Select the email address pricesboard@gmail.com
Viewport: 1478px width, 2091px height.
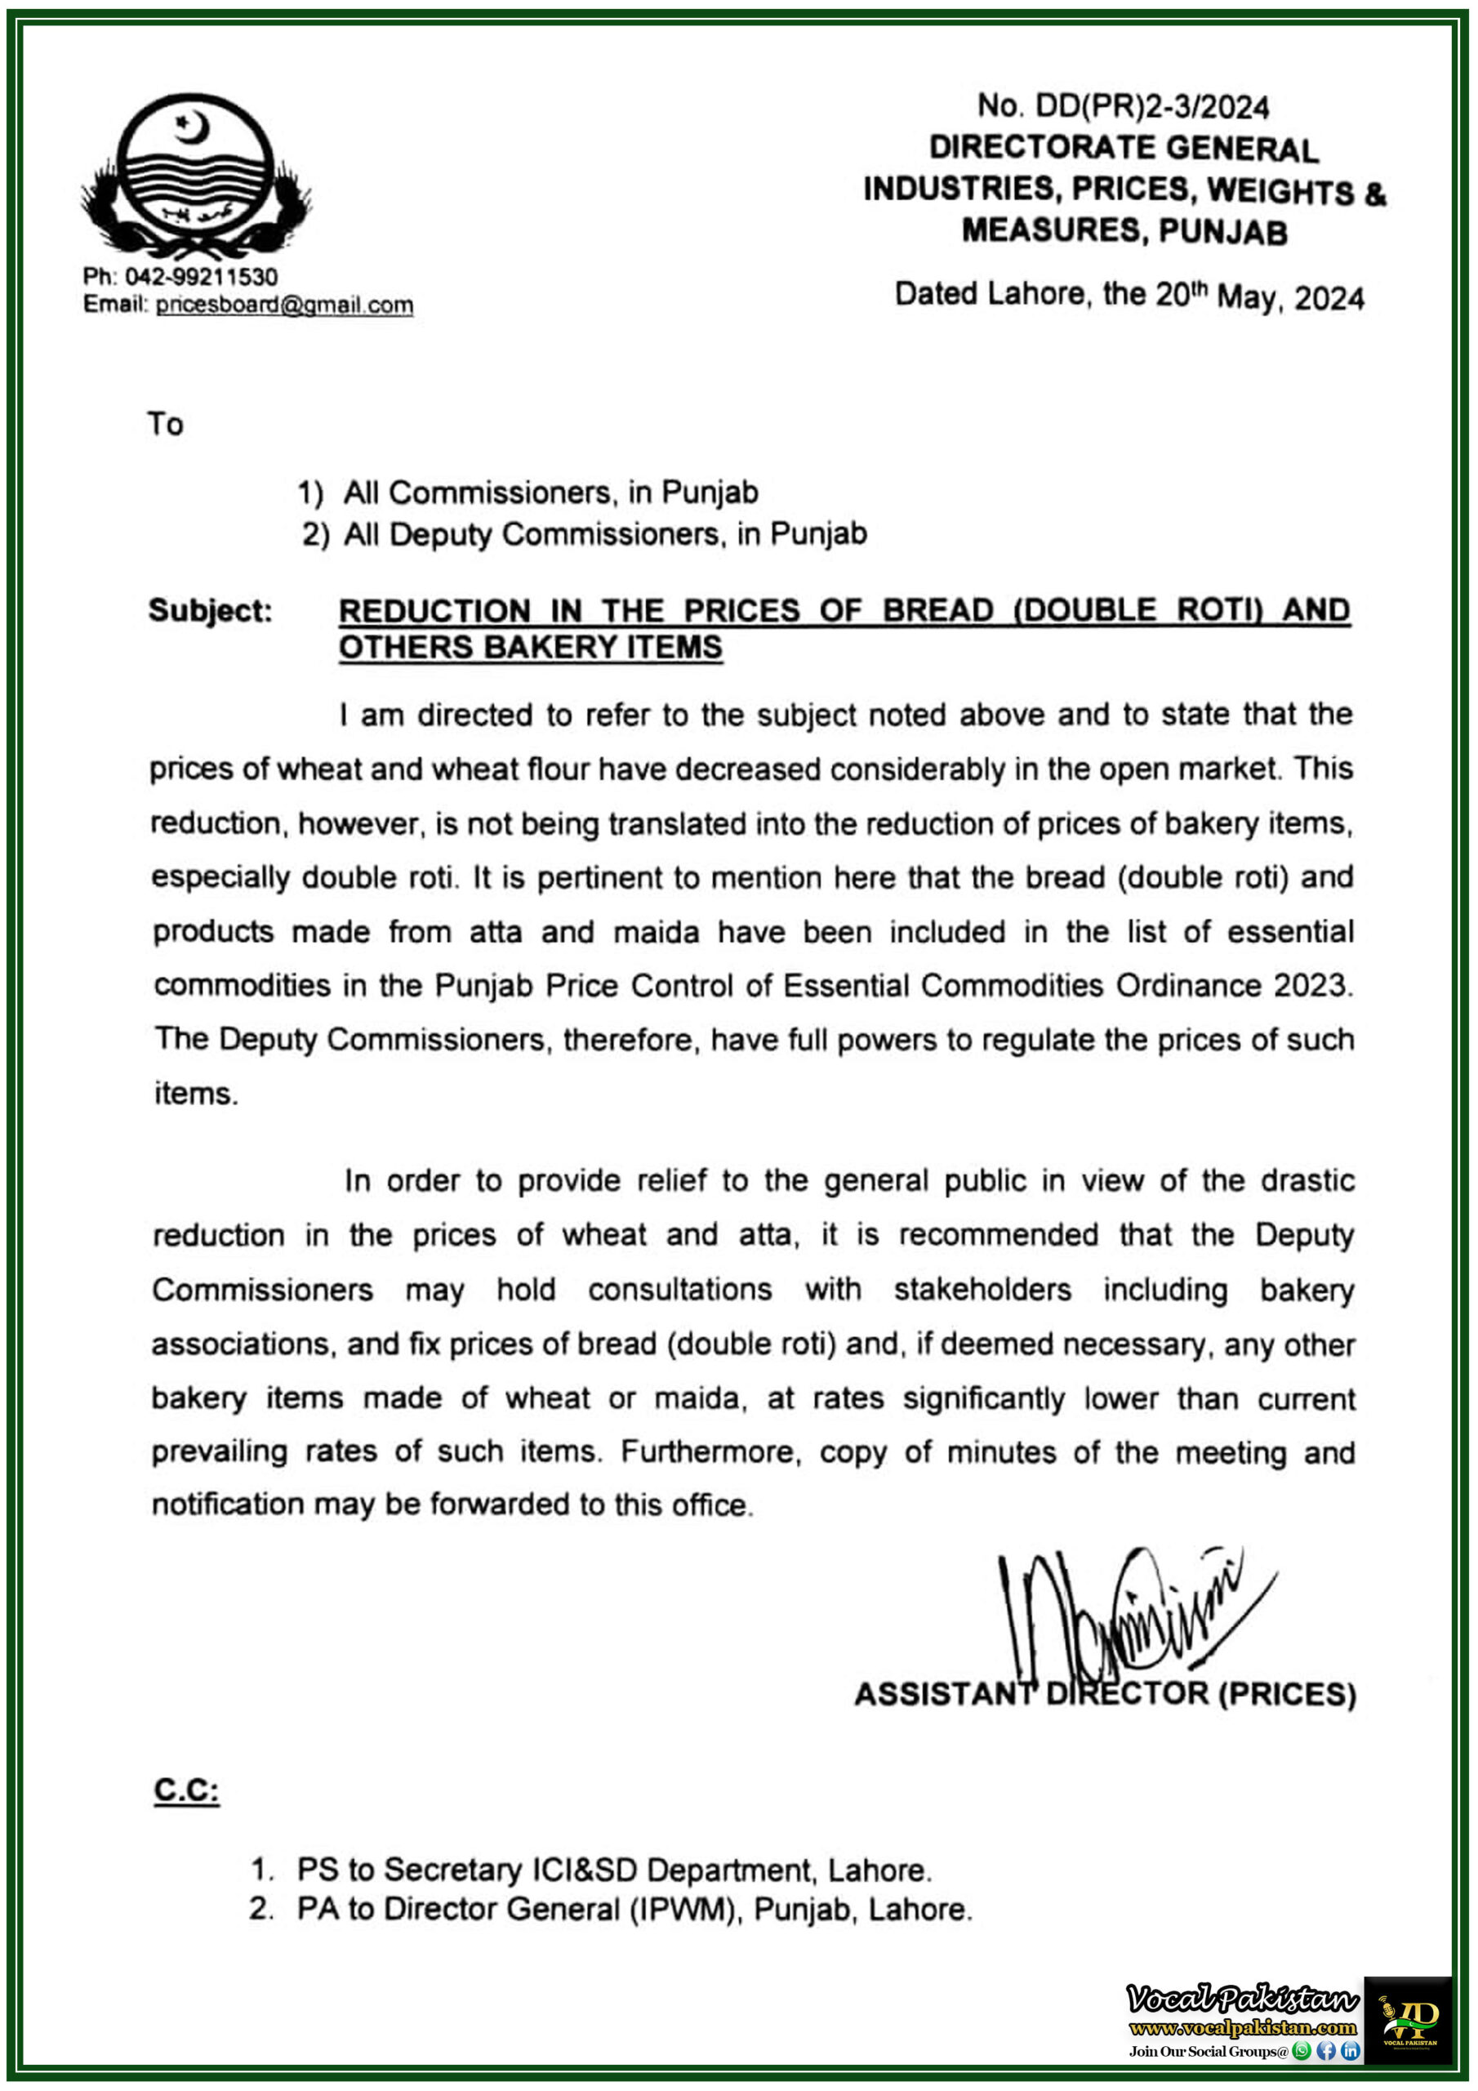[x=284, y=305]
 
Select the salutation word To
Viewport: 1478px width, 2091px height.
[x=166, y=425]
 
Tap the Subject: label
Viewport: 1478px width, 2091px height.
[x=211, y=610]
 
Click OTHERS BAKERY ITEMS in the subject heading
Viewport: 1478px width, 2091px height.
[x=530, y=648]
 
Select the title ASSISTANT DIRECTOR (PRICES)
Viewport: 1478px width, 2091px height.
[x=1105, y=1695]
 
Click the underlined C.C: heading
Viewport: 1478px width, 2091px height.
[x=186, y=1790]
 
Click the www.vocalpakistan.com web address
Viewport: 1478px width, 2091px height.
[x=1242, y=2028]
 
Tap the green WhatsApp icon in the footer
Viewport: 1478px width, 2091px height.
[x=1302, y=2051]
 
